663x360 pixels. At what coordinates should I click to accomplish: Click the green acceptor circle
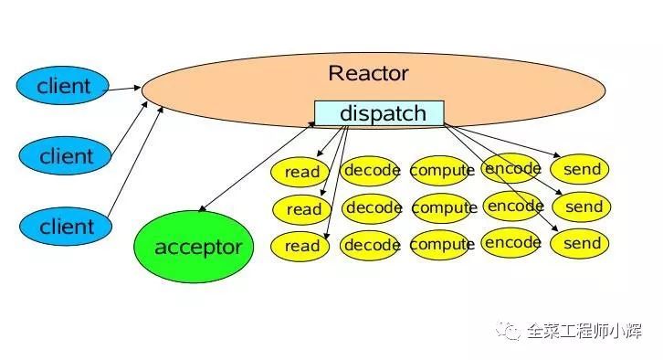coord(197,247)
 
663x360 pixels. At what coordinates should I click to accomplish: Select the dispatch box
coord(380,113)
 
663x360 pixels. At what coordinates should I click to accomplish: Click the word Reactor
coord(368,73)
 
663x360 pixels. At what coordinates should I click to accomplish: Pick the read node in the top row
coord(302,172)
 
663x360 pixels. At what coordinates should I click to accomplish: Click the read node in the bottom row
coord(302,246)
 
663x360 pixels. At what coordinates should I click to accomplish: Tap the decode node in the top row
coord(371,169)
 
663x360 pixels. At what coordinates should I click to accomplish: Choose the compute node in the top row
coord(442,170)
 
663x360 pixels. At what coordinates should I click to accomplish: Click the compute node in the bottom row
coord(442,245)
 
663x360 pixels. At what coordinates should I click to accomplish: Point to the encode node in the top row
coord(511,168)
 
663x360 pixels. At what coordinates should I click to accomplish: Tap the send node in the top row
coord(582,169)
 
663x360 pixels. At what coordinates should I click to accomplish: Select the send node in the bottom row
coord(582,244)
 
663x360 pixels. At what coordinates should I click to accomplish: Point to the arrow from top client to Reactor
coord(126,88)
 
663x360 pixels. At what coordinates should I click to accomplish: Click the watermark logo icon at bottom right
coord(509,331)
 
